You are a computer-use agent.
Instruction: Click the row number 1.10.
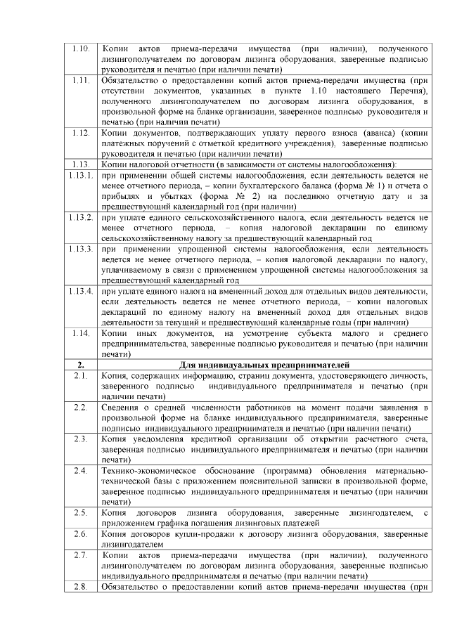(x=80, y=49)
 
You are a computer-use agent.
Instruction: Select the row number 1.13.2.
(x=80, y=218)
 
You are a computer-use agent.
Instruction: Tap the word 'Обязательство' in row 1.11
(x=132, y=81)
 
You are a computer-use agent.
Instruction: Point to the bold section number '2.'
(x=80, y=365)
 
